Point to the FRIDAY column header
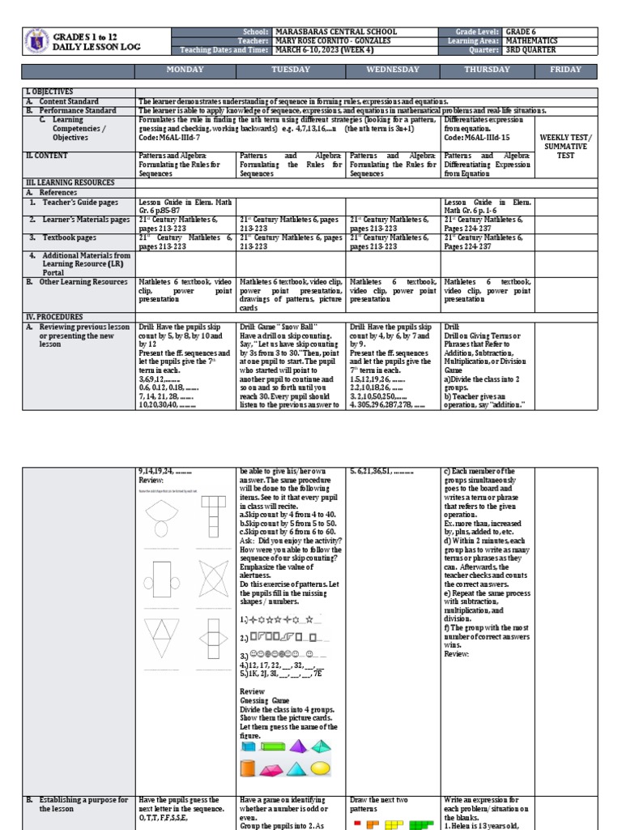pyautogui.click(x=566, y=70)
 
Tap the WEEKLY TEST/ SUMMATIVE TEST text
pyautogui.click(x=566, y=146)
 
